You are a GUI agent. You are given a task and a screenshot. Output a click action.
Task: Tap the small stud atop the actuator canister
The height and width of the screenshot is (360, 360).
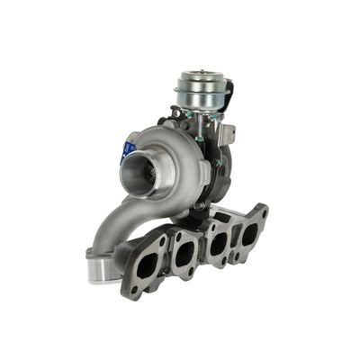[199, 71]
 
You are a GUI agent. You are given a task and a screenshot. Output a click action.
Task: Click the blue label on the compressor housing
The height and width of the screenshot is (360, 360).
[129, 149]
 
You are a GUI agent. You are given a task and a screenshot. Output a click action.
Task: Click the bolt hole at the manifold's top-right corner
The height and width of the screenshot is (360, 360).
[262, 212]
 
